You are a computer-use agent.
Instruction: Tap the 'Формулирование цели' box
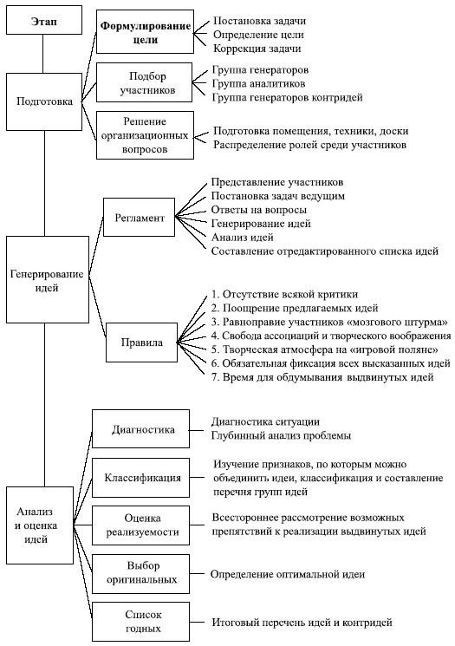(144, 33)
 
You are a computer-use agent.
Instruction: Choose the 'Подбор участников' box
(144, 82)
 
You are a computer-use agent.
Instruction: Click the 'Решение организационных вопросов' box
(144, 134)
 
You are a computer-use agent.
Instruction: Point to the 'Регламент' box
(139, 218)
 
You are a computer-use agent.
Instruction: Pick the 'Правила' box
(139, 342)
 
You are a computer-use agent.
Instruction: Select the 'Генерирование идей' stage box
(47, 280)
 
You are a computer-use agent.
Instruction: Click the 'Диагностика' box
(144, 429)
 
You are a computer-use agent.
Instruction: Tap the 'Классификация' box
(143, 477)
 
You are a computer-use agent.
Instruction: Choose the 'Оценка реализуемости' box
(143, 525)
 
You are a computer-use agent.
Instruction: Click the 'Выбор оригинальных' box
(143, 572)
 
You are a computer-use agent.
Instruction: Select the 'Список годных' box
(143, 620)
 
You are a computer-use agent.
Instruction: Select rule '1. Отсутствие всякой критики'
(284, 294)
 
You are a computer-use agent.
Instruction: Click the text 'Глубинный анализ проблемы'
(281, 435)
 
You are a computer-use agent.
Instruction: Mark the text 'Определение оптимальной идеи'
(288, 573)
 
